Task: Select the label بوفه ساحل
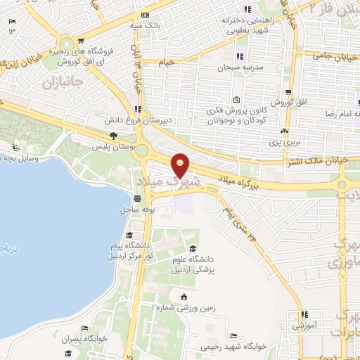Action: click(137, 210)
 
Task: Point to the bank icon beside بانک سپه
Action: click(145, 15)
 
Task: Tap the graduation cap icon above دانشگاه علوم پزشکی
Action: click(191, 248)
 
